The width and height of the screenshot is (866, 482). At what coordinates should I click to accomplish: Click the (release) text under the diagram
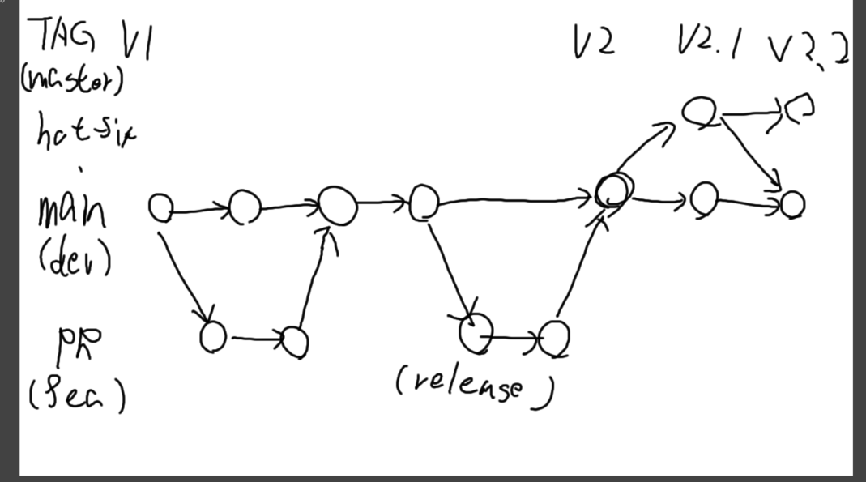(476, 385)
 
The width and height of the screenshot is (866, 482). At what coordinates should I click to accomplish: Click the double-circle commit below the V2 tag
(613, 191)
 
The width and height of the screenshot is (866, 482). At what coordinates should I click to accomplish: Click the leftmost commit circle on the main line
(160, 208)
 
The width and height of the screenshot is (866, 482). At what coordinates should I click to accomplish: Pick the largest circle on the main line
(338, 206)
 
